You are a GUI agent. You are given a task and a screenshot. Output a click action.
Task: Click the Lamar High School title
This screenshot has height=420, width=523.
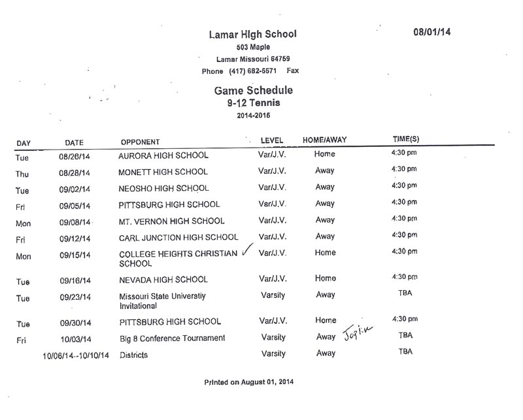(x=252, y=34)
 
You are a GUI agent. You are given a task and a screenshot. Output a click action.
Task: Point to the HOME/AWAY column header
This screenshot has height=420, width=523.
(x=324, y=140)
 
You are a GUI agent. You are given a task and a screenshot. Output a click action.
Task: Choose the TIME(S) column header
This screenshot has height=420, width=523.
(x=405, y=139)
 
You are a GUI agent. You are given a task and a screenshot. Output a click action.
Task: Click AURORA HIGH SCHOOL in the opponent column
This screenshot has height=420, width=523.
(x=163, y=156)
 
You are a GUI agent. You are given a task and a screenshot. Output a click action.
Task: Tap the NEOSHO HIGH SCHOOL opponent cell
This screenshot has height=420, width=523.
(x=163, y=188)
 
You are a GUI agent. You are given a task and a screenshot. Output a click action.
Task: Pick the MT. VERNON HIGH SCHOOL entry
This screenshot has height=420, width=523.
(x=171, y=221)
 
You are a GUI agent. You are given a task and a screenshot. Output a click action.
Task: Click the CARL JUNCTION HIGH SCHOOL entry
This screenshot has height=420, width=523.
(x=178, y=237)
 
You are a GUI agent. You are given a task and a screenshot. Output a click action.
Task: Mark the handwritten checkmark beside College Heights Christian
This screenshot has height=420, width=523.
(x=246, y=251)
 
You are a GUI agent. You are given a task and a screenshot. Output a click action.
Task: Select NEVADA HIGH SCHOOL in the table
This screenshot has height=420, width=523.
(x=163, y=280)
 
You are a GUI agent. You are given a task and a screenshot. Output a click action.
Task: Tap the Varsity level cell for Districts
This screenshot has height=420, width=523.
(x=273, y=353)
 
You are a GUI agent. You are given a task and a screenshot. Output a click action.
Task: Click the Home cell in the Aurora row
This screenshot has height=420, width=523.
(x=325, y=154)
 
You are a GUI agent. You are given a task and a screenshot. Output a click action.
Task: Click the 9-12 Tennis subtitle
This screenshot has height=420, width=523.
(x=251, y=103)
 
